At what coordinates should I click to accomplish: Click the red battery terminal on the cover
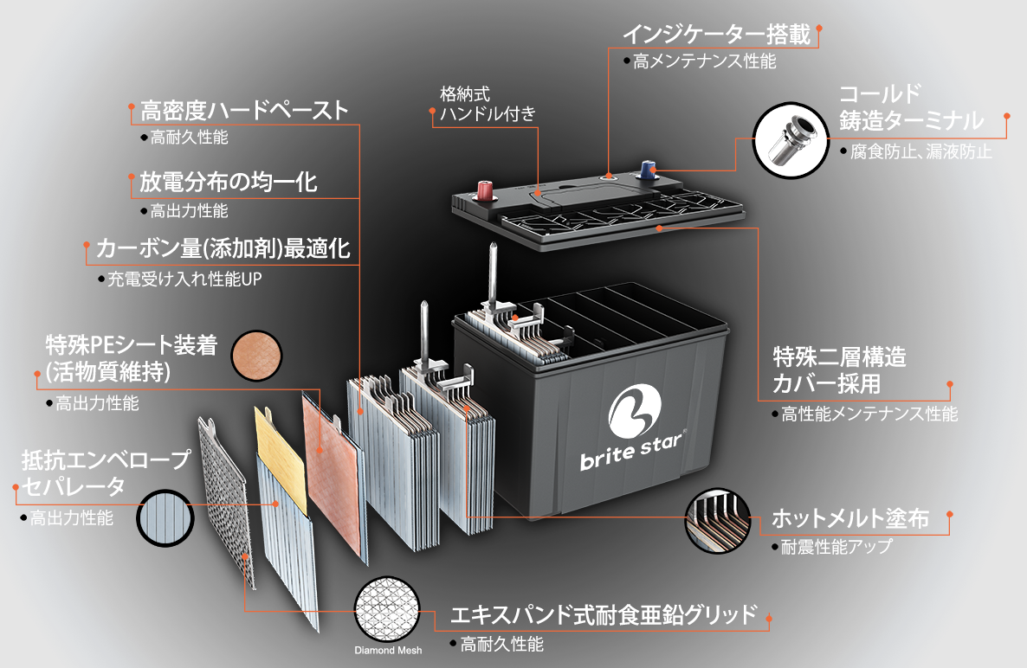485,190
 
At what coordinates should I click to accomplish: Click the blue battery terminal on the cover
647,170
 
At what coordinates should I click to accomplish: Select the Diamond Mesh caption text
388,651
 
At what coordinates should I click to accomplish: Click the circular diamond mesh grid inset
387,610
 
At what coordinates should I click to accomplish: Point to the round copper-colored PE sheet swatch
256,356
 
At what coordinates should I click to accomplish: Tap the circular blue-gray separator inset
165,518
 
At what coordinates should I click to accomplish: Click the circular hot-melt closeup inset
718,520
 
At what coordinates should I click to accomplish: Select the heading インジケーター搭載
716,35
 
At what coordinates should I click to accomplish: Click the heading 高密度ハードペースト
243,111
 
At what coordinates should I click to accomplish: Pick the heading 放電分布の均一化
228,182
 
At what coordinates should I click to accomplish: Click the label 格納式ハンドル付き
488,104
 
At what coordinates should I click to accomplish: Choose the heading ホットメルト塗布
850,518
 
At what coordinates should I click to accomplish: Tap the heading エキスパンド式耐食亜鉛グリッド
604,615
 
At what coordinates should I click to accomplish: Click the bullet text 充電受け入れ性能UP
184,279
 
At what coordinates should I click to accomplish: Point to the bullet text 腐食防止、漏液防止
920,151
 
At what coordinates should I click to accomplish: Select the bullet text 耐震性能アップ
836,546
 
